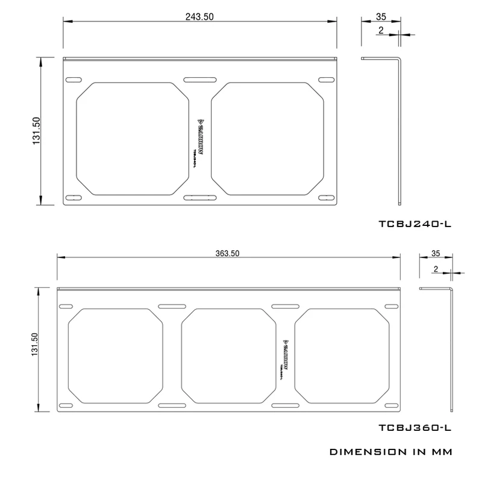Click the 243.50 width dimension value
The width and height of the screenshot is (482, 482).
click(x=199, y=17)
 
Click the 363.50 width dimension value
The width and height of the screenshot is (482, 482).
click(x=228, y=253)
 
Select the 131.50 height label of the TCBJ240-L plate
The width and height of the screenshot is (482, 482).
click(x=36, y=131)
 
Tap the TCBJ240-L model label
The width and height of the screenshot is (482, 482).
click(x=415, y=224)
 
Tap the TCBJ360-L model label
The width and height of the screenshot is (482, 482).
click(x=415, y=428)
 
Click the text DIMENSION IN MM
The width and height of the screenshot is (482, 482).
click(x=390, y=451)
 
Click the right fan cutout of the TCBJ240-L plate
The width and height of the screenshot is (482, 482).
click(x=266, y=139)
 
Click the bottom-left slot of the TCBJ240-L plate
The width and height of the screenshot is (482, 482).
click(x=73, y=196)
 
